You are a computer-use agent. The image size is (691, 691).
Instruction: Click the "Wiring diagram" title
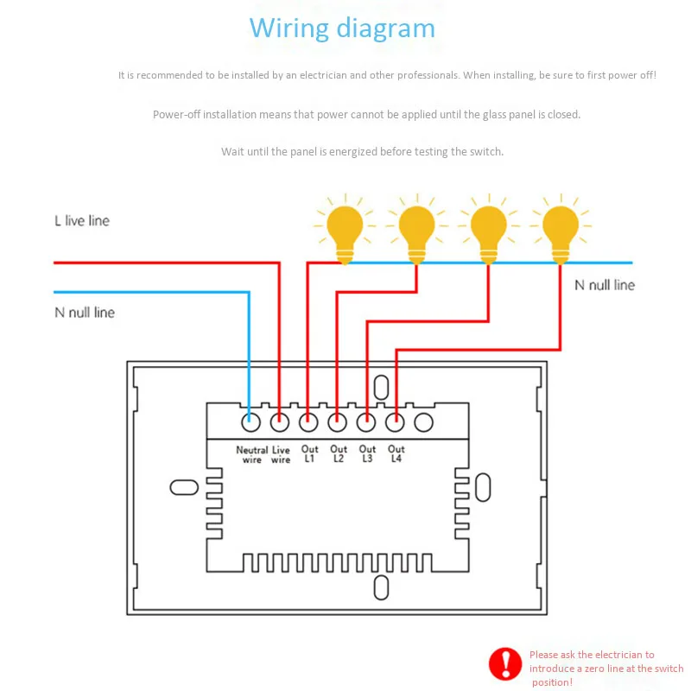tap(342, 29)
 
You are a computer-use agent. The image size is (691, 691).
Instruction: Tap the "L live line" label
tap(82, 221)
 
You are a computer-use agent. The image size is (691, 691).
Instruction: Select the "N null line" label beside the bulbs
tap(605, 285)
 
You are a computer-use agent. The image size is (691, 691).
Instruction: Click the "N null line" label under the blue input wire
tap(85, 313)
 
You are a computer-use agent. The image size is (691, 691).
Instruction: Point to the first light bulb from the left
tap(345, 229)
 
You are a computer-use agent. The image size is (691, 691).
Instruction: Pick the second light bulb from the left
tap(417, 229)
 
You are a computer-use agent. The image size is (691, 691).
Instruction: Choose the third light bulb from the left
tap(489, 229)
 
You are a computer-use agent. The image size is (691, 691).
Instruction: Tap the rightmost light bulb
tap(561, 229)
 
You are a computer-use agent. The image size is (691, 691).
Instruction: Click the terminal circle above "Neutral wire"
tap(250, 422)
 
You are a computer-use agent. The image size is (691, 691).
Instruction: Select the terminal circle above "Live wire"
tap(279, 422)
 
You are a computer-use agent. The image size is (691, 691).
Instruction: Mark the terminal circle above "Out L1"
tap(308, 422)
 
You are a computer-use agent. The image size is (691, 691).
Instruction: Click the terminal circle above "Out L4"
tap(395, 422)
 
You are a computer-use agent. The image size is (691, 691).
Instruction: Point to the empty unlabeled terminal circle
tap(423, 422)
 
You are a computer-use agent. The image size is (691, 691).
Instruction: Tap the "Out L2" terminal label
tap(339, 453)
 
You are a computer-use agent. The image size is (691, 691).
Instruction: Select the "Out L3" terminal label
tap(367, 453)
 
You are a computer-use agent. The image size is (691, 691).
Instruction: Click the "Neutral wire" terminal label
tap(251, 455)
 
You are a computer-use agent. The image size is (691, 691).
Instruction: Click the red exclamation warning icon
tap(505, 663)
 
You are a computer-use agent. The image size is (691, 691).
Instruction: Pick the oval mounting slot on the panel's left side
tap(184, 487)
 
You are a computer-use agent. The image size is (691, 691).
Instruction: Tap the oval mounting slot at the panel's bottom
tap(381, 587)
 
